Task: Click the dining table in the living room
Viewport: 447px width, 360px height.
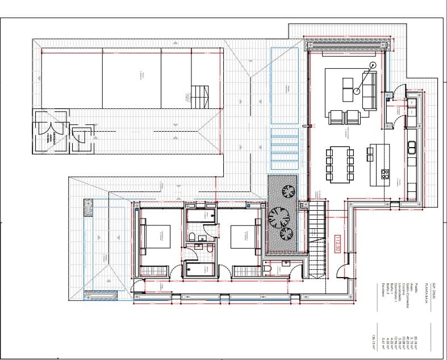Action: (x=339, y=164)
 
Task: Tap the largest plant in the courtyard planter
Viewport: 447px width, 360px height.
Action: (x=279, y=216)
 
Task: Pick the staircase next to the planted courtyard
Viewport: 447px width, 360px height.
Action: (x=316, y=238)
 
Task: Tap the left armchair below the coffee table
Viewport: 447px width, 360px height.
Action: (x=336, y=118)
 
